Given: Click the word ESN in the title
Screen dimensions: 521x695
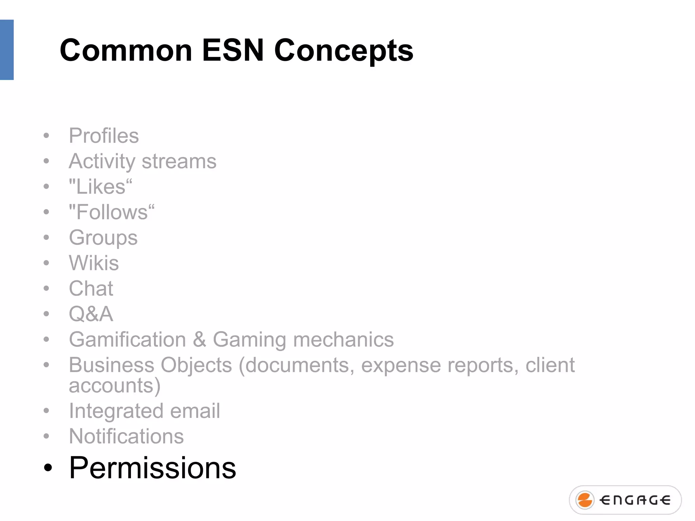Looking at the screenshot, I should tap(233, 50).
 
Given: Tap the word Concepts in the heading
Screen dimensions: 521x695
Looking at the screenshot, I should tap(343, 51).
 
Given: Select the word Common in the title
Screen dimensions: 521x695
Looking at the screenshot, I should tap(126, 50).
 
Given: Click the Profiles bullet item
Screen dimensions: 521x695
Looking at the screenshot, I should tap(104, 136).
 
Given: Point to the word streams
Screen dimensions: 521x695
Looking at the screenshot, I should tap(179, 161).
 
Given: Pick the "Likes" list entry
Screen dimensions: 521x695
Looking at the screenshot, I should tap(100, 187).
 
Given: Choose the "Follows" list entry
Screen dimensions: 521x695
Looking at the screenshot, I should tap(112, 212).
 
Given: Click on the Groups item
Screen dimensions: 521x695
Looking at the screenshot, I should tap(103, 238).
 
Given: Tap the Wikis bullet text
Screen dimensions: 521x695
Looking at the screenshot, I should tap(94, 263).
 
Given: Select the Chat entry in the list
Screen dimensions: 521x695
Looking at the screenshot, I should tap(91, 288).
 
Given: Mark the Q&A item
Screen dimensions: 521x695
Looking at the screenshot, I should tap(91, 314).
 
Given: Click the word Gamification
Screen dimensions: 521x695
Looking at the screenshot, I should tap(128, 340).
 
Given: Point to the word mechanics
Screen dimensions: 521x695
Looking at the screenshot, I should tap(343, 340).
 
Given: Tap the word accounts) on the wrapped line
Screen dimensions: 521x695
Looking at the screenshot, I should tap(115, 386).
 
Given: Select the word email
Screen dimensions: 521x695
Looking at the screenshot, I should tap(195, 411).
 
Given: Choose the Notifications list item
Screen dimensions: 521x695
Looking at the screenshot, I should tap(126, 436).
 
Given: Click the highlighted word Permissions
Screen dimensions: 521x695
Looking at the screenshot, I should tap(152, 468).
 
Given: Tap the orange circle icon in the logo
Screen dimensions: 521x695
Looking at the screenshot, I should tap(585, 500).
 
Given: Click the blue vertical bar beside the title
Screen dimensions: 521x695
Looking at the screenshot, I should tap(7, 50).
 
